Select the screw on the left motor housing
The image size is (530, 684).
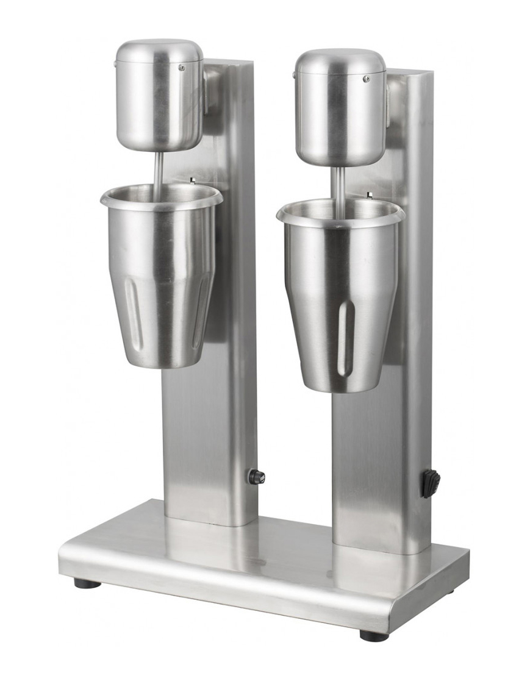click(181, 68)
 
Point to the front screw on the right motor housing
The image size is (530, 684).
click(367, 79)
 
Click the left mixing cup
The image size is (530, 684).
click(162, 274)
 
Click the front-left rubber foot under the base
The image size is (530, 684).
click(87, 583)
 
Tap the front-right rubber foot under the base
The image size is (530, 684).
click(373, 635)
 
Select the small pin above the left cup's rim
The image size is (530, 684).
click(192, 180)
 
